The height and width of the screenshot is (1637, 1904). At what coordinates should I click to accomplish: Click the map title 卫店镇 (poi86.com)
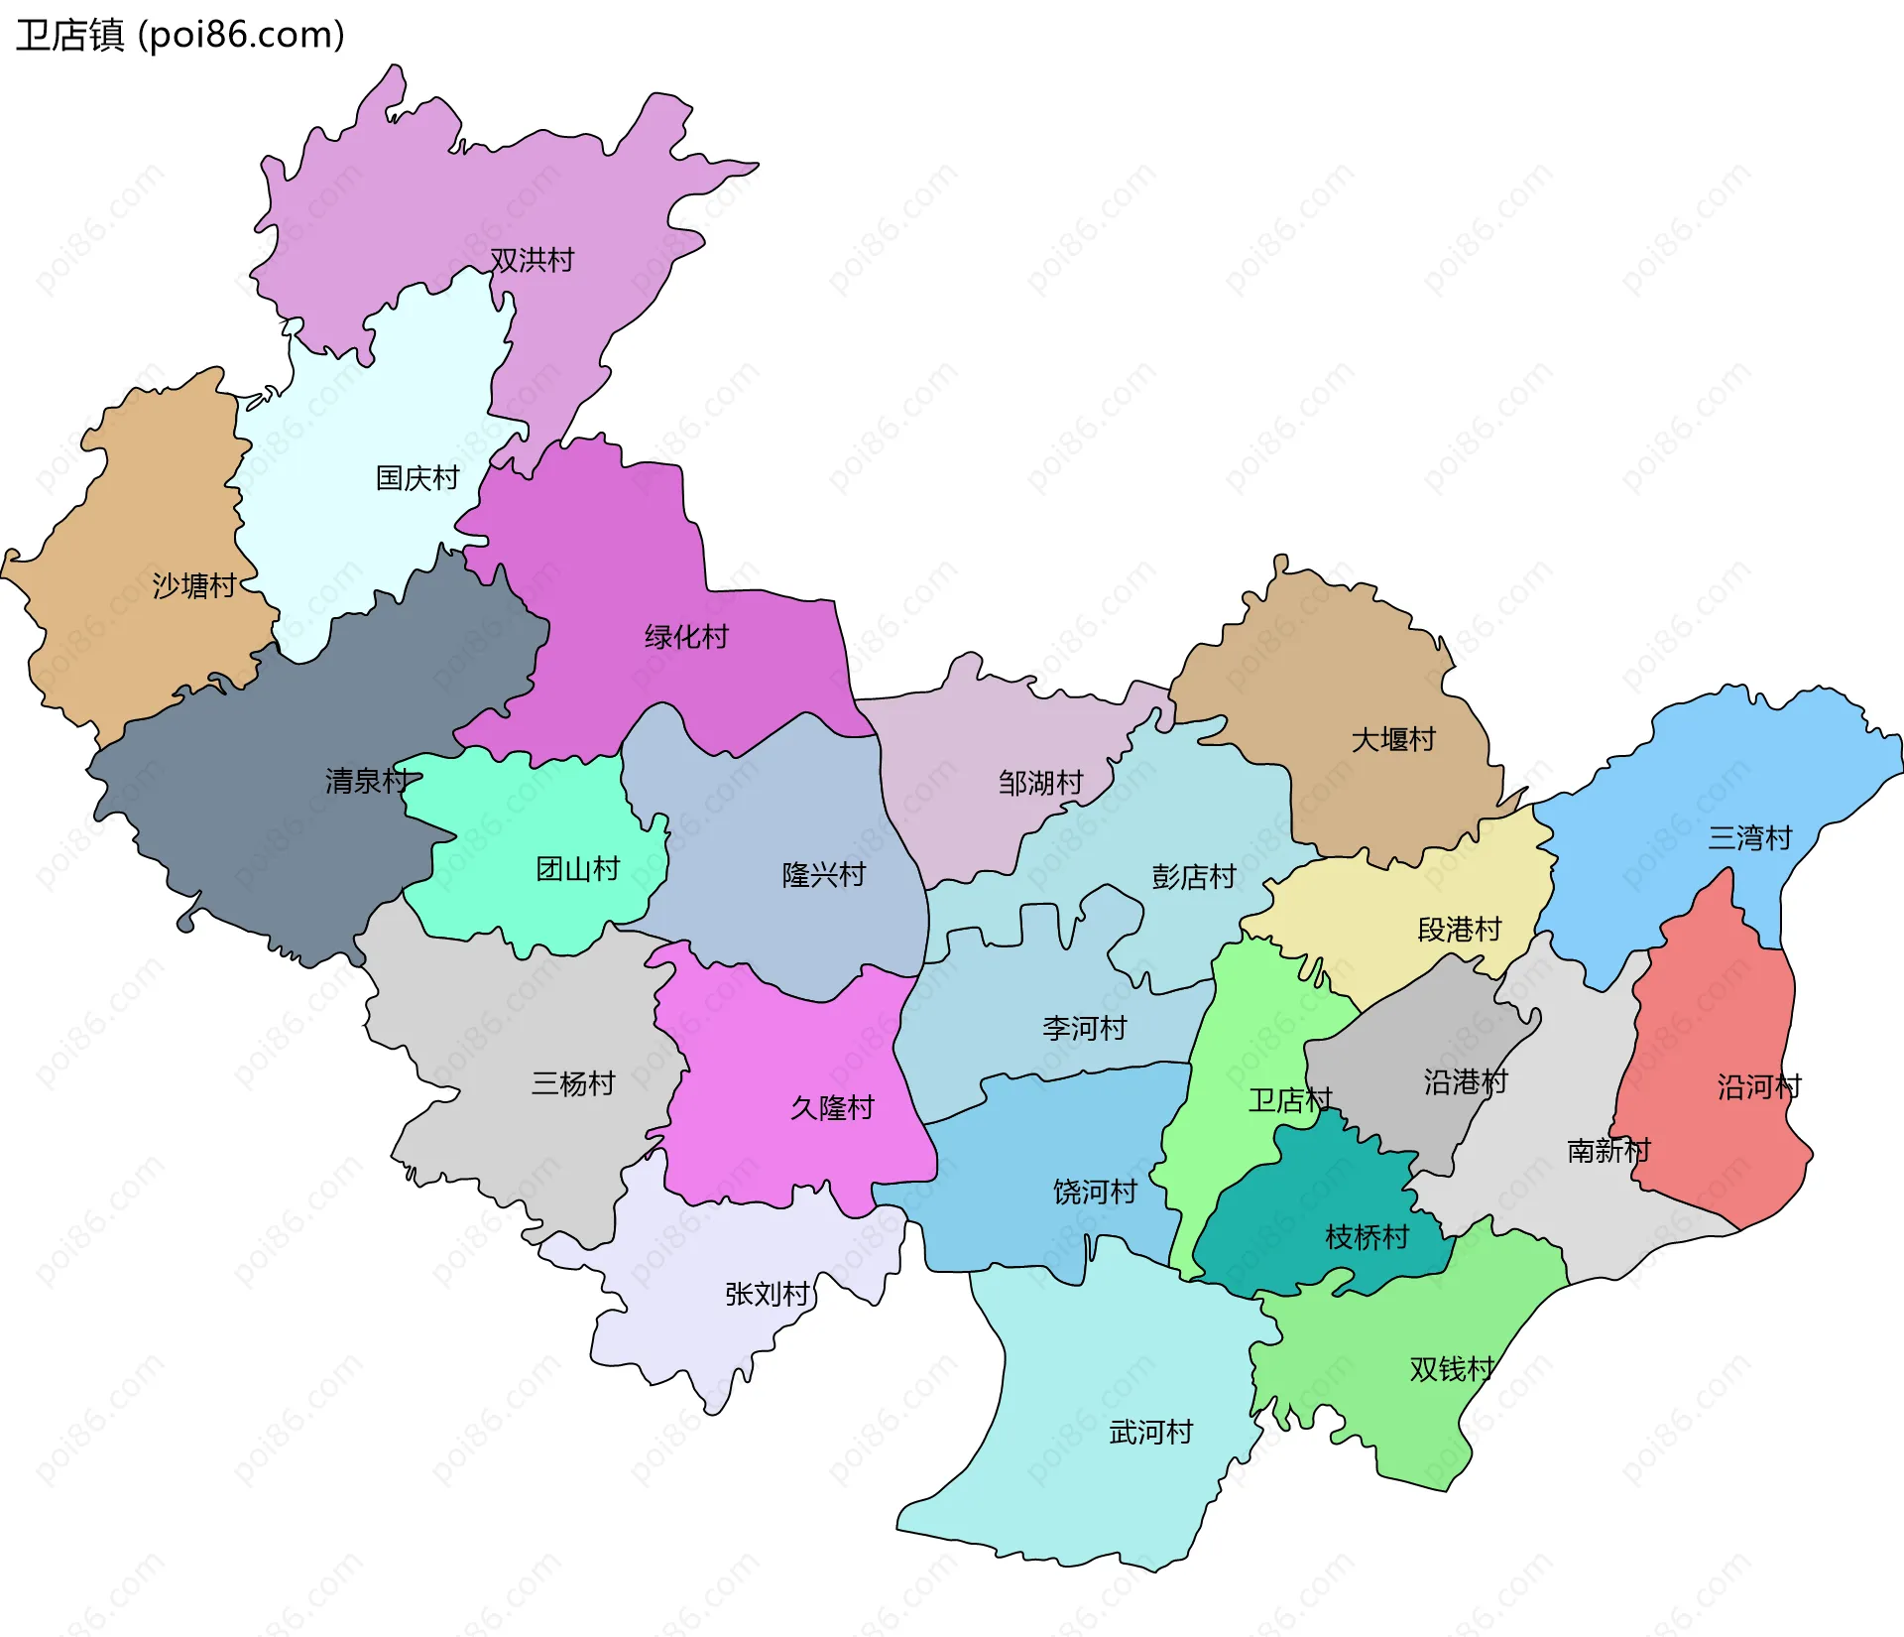[180, 36]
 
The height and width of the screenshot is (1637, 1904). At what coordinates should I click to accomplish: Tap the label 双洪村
[533, 260]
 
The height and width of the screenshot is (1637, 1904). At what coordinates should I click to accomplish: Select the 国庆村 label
[417, 478]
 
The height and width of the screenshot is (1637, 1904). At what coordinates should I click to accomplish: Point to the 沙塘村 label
[194, 585]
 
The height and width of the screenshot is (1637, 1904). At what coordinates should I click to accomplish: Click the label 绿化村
[686, 637]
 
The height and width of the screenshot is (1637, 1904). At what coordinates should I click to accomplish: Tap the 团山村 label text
[577, 870]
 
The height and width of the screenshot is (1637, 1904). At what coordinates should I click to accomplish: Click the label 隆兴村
[823, 875]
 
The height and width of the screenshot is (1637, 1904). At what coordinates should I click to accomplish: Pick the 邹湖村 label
[1040, 784]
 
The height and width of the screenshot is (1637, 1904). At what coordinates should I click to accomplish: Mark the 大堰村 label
[1393, 740]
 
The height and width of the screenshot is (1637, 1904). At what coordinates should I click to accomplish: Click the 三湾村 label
[1749, 838]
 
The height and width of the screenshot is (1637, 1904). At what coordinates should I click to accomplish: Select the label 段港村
[1459, 930]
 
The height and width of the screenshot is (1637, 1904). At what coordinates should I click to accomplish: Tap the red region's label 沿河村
[1758, 1087]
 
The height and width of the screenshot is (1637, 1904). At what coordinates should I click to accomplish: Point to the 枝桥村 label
[1367, 1237]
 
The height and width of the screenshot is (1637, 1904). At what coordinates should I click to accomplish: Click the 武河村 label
[1150, 1433]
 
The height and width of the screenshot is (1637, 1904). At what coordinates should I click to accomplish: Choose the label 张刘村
[767, 1294]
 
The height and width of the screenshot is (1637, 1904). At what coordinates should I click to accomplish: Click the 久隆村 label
[832, 1108]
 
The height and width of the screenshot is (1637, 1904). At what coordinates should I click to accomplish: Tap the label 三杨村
[573, 1083]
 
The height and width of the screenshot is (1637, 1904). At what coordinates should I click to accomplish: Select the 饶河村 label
[1095, 1192]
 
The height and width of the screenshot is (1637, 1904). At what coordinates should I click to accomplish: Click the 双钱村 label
[1451, 1369]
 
